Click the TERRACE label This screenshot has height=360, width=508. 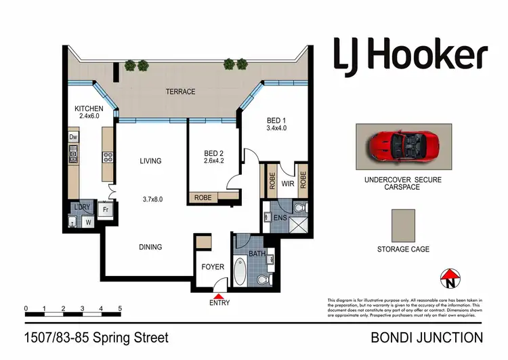(x=181, y=92)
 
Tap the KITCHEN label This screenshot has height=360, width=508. (x=89, y=108)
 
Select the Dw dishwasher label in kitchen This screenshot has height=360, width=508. (x=73, y=137)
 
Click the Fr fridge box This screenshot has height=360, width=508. (x=106, y=210)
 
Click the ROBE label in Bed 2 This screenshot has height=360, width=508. (x=203, y=198)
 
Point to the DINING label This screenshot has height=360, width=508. (x=150, y=247)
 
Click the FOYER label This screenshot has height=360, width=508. (x=213, y=266)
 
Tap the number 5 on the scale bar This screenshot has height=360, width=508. (x=120, y=308)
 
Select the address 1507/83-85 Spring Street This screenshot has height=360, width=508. (x=96, y=337)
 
